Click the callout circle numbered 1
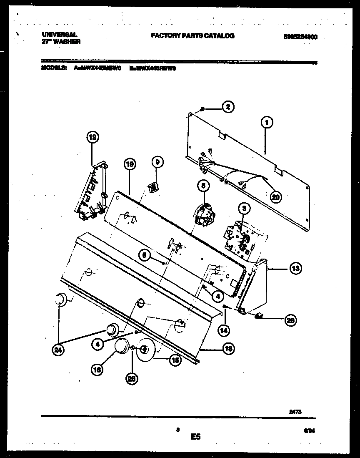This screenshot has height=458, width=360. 267,122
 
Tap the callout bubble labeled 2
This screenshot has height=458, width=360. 227,107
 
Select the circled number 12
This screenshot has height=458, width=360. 93,136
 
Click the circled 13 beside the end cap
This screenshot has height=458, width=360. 295,269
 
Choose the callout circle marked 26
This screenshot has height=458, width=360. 290,320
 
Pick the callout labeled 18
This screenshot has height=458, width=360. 227,349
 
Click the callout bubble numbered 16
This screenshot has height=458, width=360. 97,369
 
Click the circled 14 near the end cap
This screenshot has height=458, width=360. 224,330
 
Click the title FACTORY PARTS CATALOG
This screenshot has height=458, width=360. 192,36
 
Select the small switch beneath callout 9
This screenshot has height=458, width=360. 154,187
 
